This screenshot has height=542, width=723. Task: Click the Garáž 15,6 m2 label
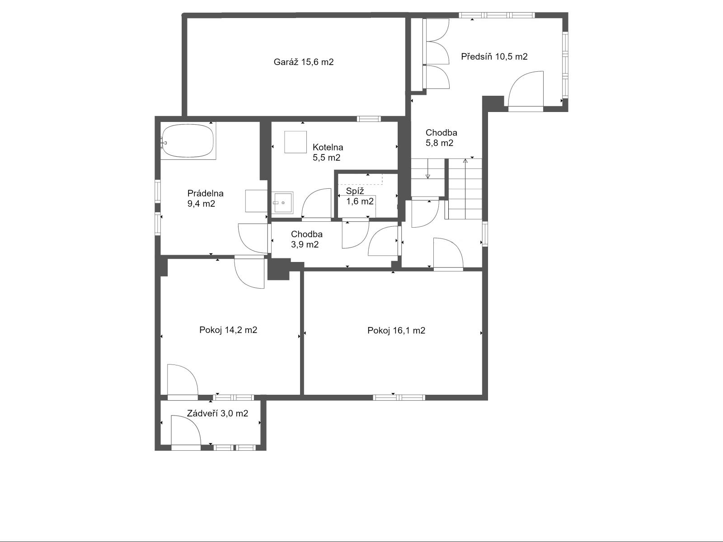pos(303,62)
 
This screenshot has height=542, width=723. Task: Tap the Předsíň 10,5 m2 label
pos(494,56)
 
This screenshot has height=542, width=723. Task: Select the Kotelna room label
pos(328,147)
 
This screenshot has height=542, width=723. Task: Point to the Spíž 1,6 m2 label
pos(360,196)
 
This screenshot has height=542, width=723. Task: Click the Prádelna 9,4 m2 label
pos(206,198)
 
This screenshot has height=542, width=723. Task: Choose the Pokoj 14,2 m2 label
pos(228,330)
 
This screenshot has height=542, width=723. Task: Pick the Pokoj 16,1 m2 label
pos(396,330)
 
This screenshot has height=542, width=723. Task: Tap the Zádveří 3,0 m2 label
pos(217,413)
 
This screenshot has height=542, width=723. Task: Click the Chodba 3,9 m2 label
pos(307,239)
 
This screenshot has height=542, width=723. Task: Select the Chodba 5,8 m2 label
pos(441,138)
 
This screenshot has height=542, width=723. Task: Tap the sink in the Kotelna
pos(282,203)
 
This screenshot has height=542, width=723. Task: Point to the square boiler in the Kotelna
pos(296,142)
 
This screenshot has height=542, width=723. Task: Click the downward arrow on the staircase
pos(427,168)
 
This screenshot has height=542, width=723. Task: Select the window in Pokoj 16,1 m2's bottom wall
pos(399,397)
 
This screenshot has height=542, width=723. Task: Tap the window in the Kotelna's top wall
pos(369,119)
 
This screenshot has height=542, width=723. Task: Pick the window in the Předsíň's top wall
pos(497,15)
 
